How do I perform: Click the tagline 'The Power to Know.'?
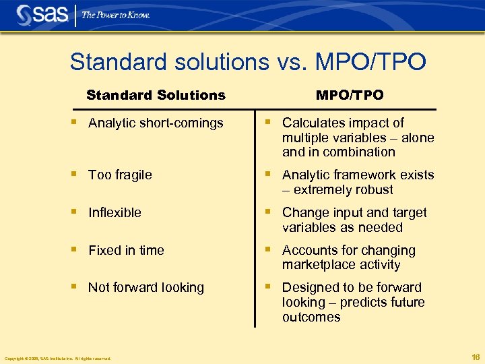pyautogui.click(x=116, y=15)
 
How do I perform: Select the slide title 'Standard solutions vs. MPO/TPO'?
pyautogui.click(x=248, y=62)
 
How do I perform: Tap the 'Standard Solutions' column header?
pyautogui.click(x=156, y=95)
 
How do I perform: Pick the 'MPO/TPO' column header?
pyautogui.click(x=350, y=95)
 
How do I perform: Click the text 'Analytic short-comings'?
pyautogui.click(x=156, y=123)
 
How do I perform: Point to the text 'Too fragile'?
pyautogui.click(x=120, y=175)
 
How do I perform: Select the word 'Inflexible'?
pyautogui.click(x=115, y=212)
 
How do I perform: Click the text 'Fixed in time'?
pyautogui.click(x=126, y=250)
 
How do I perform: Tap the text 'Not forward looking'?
pyautogui.click(x=146, y=287)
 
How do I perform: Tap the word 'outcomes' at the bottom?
pyautogui.click(x=311, y=317)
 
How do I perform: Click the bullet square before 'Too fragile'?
pyautogui.click(x=75, y=174)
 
